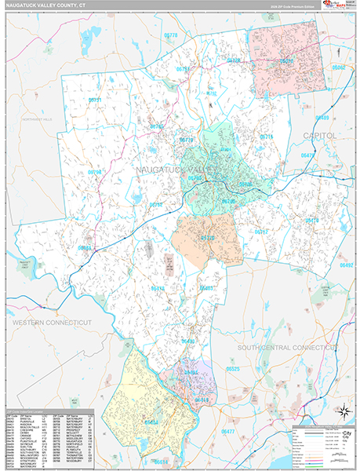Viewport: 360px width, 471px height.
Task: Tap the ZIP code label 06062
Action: click(x=338, y=68)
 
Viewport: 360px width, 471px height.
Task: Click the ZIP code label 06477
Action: click(x=228, y=432)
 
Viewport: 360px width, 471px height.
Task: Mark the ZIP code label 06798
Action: click(x=95, y=172)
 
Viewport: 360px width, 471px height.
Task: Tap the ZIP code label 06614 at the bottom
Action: click(x=160, y=461)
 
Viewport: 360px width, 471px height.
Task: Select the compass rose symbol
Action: click(x=343, y=411)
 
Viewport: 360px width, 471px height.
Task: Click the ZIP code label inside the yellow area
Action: click(x=151, y=422)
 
